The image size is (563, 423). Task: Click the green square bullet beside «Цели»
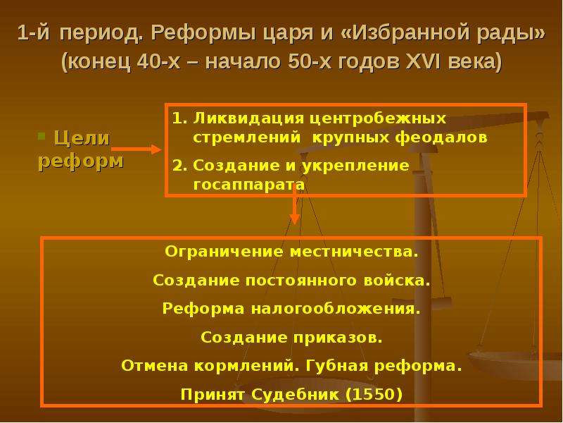[x=42, y=136]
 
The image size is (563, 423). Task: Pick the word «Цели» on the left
[x=82, y=138]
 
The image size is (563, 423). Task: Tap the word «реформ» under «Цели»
[x=81, y=161]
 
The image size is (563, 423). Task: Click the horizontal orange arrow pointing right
[x=137, y=149]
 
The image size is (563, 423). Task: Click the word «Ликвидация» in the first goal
[x=248, y=118]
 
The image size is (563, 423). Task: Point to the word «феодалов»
[x=441, y=137]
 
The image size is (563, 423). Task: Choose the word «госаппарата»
[x=249, y=185]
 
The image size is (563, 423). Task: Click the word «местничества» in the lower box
[x=354, y=252]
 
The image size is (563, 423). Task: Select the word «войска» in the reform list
[x=397, y=280]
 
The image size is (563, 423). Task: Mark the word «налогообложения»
[x=336, y=309]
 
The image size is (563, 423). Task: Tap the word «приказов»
[x=338, y=338]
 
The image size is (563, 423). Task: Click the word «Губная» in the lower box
[x=337, y=366]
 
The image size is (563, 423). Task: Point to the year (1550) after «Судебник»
[x=374, y=395]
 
